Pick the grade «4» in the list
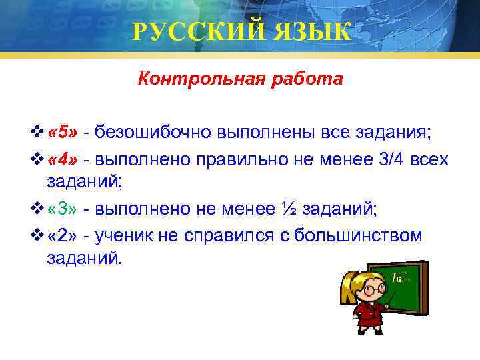pyautogui.click(x=64, y=159)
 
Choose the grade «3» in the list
pyautogui.click(x=64, y=209)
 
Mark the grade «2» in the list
pyautogui.click(x=64, y=235)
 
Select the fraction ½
pyautogui.click(x=290, y=209)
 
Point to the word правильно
pyautogui.click(x=232, y=159)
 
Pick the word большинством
pyautogui.click(x=359, y=235)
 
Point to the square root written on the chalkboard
pyautogui.click(x=399, y=278)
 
